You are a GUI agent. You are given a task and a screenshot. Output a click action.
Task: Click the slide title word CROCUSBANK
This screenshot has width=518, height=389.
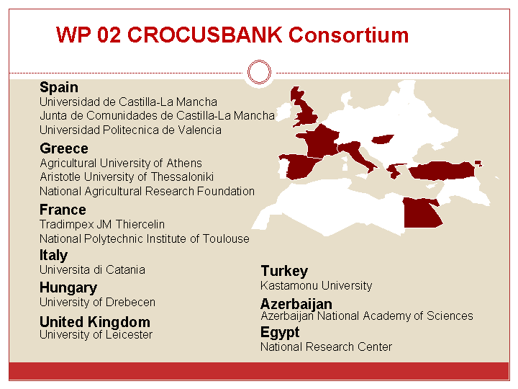point(205,35)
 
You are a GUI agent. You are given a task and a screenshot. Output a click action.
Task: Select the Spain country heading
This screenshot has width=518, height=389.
point(59,88)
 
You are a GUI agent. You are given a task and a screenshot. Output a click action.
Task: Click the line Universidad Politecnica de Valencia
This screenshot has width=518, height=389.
point(130,130)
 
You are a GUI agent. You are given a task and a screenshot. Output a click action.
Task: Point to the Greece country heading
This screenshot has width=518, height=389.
point(64,148)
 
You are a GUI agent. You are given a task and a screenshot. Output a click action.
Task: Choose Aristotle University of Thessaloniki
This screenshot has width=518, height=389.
point(127,177)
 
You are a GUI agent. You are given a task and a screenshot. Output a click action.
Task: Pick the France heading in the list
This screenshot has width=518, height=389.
point(63,210)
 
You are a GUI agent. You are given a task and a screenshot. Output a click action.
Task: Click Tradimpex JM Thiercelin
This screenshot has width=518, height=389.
point(102,224)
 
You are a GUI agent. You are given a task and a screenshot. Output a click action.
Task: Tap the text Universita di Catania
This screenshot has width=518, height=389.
point(92,270)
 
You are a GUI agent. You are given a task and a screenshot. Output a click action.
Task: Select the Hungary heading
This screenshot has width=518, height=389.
point(68,288)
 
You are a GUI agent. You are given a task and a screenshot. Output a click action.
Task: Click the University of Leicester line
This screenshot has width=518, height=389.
point(96,335)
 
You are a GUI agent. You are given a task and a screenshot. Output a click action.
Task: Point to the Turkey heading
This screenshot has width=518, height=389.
point(284,272)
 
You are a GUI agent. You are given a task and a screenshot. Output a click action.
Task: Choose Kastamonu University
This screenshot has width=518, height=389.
point(316,285)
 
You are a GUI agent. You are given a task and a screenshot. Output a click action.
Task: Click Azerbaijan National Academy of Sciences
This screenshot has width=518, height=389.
point(367,316)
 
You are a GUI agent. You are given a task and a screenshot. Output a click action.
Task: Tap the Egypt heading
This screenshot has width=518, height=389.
point(280,332)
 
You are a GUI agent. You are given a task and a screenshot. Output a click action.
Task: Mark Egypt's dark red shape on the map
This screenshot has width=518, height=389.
point(419,213)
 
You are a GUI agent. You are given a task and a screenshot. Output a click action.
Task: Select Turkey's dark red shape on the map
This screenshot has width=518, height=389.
point(442,170)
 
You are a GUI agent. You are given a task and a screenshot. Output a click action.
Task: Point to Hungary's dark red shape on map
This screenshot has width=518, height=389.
point(383,139)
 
